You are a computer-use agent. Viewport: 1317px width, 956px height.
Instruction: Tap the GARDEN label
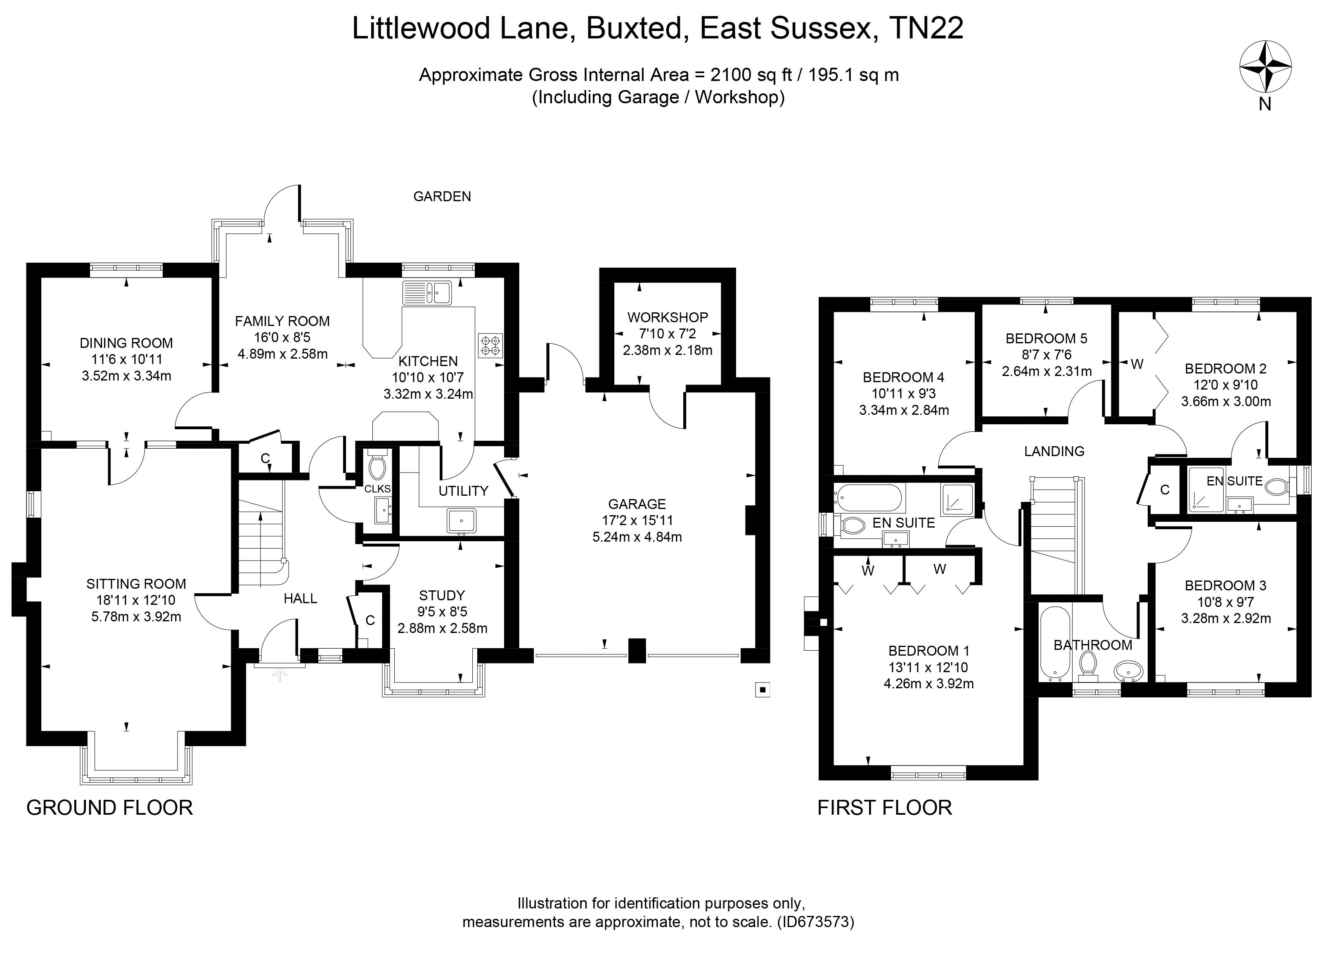point(442,196)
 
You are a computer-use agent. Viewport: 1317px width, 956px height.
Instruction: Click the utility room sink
point(461,521)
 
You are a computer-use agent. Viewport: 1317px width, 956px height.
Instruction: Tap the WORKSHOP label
point(668,317)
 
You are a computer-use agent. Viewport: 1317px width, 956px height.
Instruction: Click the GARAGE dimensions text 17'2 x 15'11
point(637,521)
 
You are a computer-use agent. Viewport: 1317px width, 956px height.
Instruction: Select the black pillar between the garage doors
point(637,650)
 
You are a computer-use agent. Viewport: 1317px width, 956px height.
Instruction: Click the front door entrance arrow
point(280,674)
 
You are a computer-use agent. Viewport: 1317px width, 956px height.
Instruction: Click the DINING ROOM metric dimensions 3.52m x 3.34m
point(127,376)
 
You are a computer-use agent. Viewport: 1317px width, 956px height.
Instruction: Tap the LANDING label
point(1054,451)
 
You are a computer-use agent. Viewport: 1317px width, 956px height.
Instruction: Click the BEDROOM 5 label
point(1047,338)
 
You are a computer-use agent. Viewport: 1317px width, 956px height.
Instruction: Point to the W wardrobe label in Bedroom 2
point(1137,364)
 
